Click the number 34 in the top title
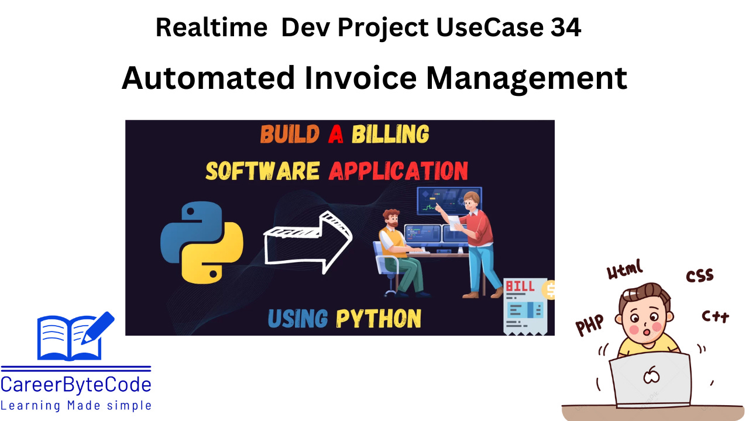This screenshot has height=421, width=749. (565, 27)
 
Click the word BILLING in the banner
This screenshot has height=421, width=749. (390, 135)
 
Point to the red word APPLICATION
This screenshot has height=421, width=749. (398, 171)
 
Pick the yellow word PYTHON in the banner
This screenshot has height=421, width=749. (379, 319)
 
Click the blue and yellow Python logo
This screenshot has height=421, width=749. (202, 242)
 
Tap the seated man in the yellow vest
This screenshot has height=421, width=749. (398, 251)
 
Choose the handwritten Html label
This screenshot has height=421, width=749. (625, 270)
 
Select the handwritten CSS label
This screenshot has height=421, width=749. (699, 276)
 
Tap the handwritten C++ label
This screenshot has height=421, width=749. (715, 316)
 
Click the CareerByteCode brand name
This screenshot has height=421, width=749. (76, 385)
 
